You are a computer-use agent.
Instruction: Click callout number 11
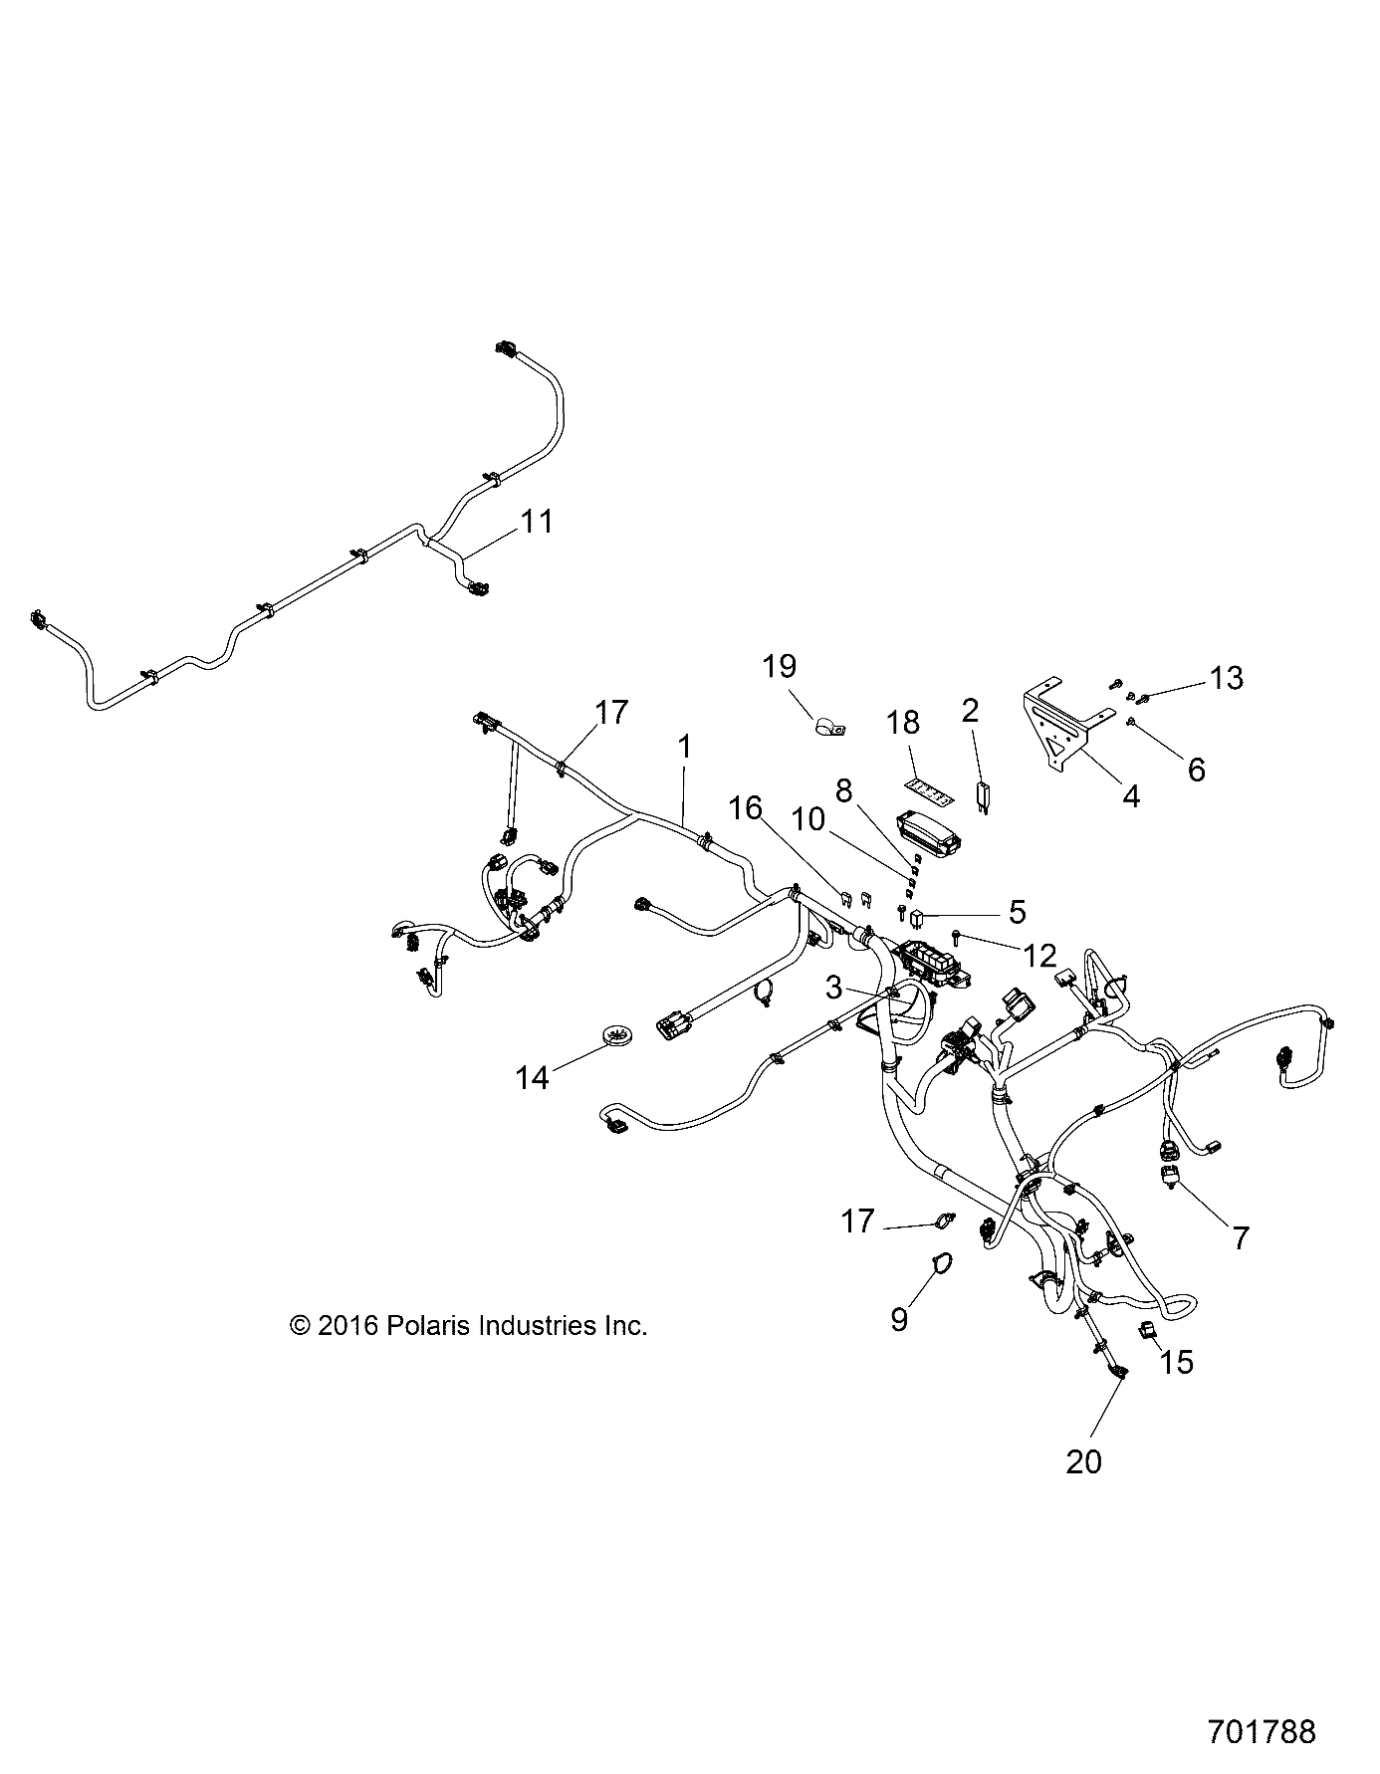(x=537, y=521)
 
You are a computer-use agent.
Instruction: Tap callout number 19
(x=780, y=666)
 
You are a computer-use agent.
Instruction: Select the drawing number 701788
(x=1261, y=1731)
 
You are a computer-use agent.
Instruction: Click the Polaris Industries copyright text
(x=468, y=1325)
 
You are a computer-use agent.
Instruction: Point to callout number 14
(x=533, y=1076)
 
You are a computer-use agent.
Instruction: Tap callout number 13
(x=1226, y=678)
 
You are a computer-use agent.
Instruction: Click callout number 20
(x=1083, y=1461)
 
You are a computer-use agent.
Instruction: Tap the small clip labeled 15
(x=1148, y=1330)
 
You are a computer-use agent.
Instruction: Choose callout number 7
(x=1241, y=1237)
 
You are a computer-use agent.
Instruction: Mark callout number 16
(x=746, y=807)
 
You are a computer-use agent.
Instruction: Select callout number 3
(x=833, y=989)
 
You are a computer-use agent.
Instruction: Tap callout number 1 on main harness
(x=684, y=747)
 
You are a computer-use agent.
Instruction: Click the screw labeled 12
(x=957, y=934)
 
